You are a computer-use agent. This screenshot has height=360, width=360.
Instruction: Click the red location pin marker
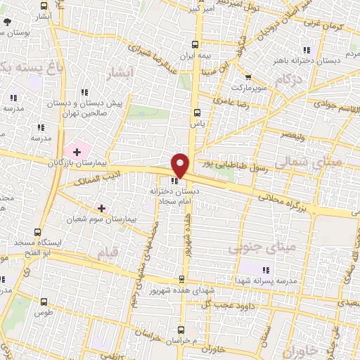coord(180,165)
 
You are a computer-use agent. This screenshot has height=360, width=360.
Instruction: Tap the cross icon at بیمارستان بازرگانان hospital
coord(77,152)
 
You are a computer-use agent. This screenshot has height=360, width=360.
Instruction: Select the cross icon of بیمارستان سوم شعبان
coord(102,208)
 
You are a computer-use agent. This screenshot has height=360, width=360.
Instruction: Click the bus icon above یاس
coord(197,112)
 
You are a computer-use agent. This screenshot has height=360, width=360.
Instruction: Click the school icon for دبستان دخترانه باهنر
coord(306,49)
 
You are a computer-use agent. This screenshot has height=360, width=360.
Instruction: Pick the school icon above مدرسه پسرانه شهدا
coord(266,270)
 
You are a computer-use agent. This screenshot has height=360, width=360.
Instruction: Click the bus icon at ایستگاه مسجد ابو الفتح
coord(37,232)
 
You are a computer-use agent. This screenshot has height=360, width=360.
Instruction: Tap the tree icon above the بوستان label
coord(8,22)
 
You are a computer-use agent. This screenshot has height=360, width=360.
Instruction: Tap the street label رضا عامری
coord(249,103)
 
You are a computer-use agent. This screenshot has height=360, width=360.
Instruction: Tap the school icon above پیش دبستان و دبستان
coord(84,92)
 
